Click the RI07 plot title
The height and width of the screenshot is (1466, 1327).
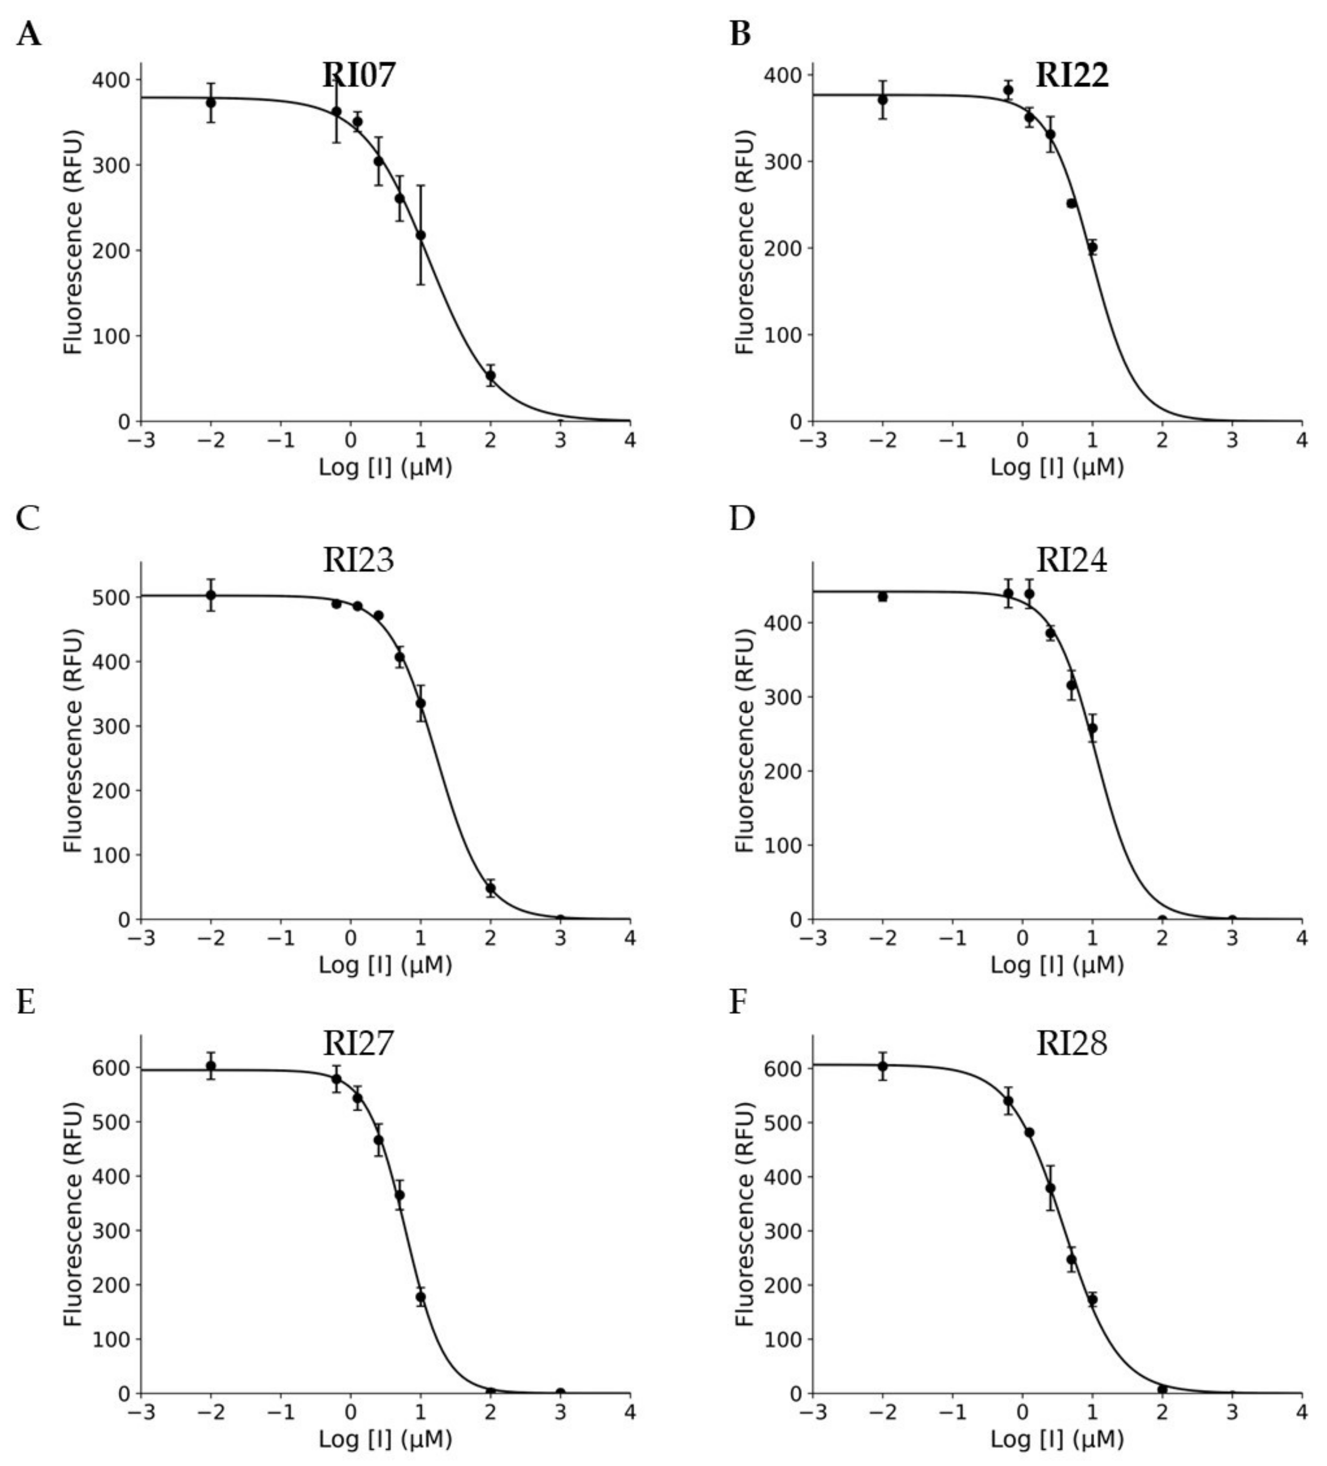pos(359,75)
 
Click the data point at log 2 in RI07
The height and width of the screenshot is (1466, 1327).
pos(491,376)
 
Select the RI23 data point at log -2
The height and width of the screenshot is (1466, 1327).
pos(211,595)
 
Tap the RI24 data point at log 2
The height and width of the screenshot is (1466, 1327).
pos(1162,919)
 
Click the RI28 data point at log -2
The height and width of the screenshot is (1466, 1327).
pos(883,1067)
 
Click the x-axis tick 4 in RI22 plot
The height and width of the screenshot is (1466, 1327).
pos(1301,441)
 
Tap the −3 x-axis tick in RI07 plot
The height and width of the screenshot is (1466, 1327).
pos(141,441)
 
